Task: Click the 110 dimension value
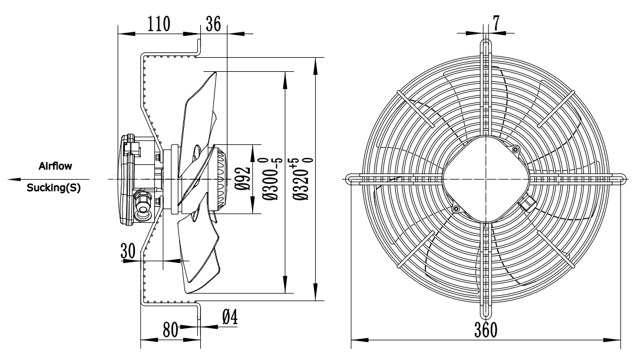pyautogui.click(x=158, y=24)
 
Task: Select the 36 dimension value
pyautogui.click(x=213, y=24)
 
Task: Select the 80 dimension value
pyautogui.click(x=171, y=329)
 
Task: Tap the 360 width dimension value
pyautogui.click(x=486, y=329)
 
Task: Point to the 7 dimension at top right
pyautogui.click(x=496, y=24)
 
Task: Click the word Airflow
pyautogui.click(x=55, y=167)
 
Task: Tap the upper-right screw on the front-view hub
pyautogui.click(x=516, y=149)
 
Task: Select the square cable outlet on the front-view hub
pyautogui.click(x=526, y=203)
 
